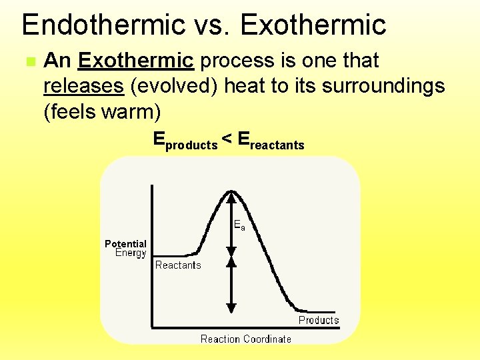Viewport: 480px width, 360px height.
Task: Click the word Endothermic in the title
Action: click(x=103, y=25)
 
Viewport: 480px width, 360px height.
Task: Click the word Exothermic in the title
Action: click(x=313, y=25)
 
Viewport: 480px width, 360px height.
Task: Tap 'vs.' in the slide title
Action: click(x=211, y=25)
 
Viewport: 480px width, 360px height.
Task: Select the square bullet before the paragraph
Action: click(x=29, y=61)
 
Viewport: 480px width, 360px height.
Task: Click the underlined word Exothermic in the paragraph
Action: click(x=136, y=61)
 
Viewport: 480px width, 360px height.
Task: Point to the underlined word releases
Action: click(x=83, y=86)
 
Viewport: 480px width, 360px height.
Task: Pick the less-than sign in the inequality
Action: click(x=227, y=139)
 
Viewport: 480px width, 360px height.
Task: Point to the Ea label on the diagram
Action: click(x=239, y=226)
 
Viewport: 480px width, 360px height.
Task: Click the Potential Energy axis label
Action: click(x=126, y=248)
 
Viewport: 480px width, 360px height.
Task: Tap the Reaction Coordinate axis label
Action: click(x=246, y=339)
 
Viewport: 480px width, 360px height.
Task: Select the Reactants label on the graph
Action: click(x=178, y=265)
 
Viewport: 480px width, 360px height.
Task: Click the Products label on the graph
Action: click(x=318, y=320)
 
